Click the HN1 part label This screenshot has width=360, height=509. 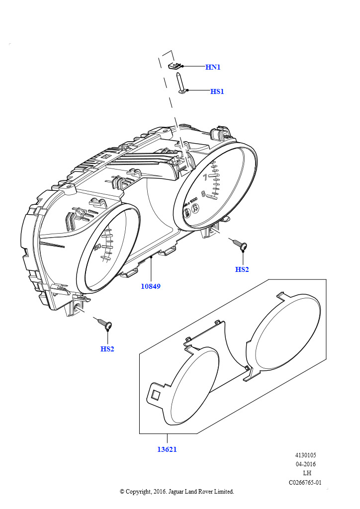[213, 67]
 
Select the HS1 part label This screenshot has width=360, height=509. [217, 91]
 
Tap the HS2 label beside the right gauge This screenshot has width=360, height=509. [242, 269]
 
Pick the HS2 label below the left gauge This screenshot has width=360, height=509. [107, 349]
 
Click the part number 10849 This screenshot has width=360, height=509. [151, 286]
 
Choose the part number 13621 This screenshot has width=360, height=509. [167, 449]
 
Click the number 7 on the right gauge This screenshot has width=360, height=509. [205, 177]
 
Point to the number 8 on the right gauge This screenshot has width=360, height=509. [203, 194]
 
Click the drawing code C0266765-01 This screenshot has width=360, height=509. [305, 482]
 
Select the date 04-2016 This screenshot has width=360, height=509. [305, 464]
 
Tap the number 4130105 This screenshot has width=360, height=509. [305, 455]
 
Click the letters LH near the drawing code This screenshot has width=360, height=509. [307, 473]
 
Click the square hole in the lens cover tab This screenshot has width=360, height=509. [156, 395]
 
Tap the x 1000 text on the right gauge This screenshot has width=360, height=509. [190, 203]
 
